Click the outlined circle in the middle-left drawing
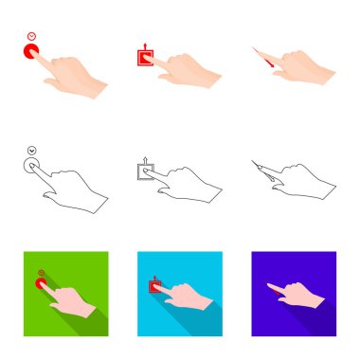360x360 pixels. [x=32, y=165]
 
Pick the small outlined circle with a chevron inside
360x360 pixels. [x=32, y=149]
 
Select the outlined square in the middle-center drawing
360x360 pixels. [x=146, y=171]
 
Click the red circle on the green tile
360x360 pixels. [x=41, y=282]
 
